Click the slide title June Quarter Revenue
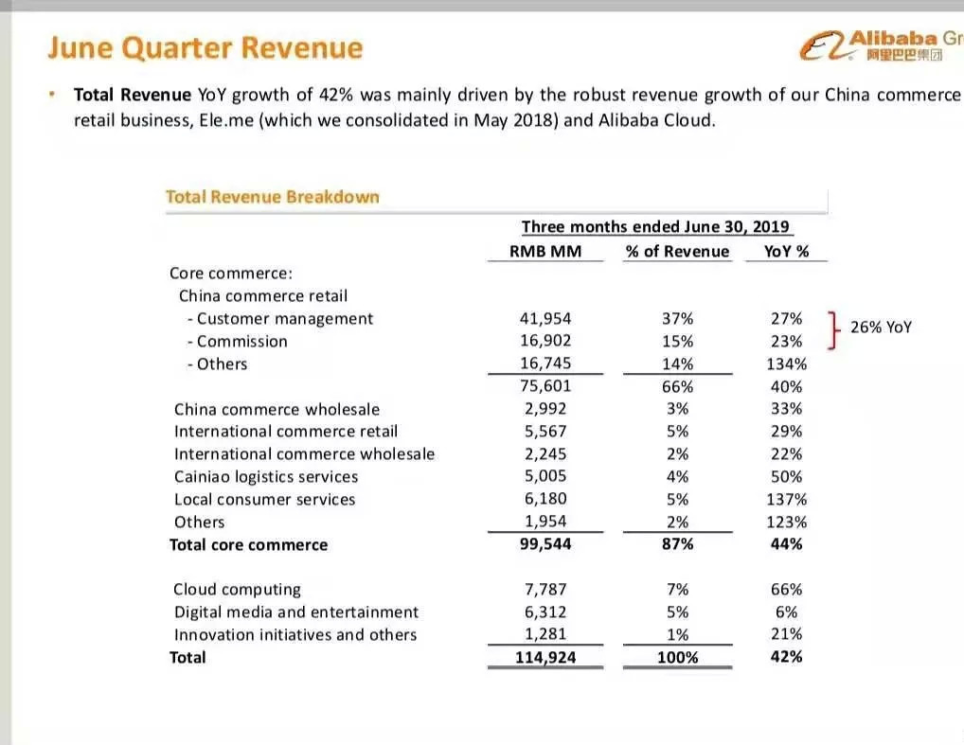tap(205, 48)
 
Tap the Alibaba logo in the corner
tap(876, 44)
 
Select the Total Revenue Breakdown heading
tap(272, 197)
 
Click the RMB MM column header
tap(544, 252)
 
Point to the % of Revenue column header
tap(677, 252)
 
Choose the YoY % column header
tap(785, 252)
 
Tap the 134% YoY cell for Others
tap(786, 364)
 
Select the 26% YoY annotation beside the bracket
tap(881, 328)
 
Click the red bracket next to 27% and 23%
tap(832, 329)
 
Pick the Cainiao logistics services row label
tap(266, 477)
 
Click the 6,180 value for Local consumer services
tap(548, 500)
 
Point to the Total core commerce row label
tap(248, 545)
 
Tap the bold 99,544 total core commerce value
tap(544, 545)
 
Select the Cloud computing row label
tap(237, 590)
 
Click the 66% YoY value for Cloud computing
tap(786, 590)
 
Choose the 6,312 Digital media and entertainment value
tap(548, 612)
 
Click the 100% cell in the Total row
tap(677, 658)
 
